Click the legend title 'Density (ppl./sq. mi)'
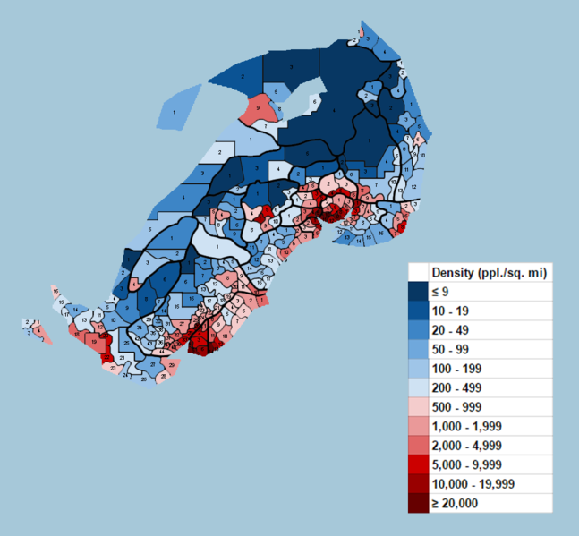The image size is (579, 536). pos(489,272)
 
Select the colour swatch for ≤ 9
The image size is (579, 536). pos(419,292)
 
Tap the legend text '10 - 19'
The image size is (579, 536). pos(450,311)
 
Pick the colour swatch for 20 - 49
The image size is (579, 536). pos(419,330)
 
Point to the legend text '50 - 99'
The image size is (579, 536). pos(450,349)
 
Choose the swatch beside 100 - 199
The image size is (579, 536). pos(419,369)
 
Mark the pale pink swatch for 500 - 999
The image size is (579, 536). pos(419,407)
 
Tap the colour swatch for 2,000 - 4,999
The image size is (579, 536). pos(419,446)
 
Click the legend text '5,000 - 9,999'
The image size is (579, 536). pos(466,464)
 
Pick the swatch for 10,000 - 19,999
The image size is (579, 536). pos(419,484)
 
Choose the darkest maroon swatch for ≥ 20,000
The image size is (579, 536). pos(419,503)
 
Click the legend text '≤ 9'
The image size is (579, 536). pos(440,292)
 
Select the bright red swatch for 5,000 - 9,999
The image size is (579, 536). pos(419,464)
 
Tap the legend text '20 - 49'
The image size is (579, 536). pos(450,330)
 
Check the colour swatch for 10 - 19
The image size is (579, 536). pos(419,311)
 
